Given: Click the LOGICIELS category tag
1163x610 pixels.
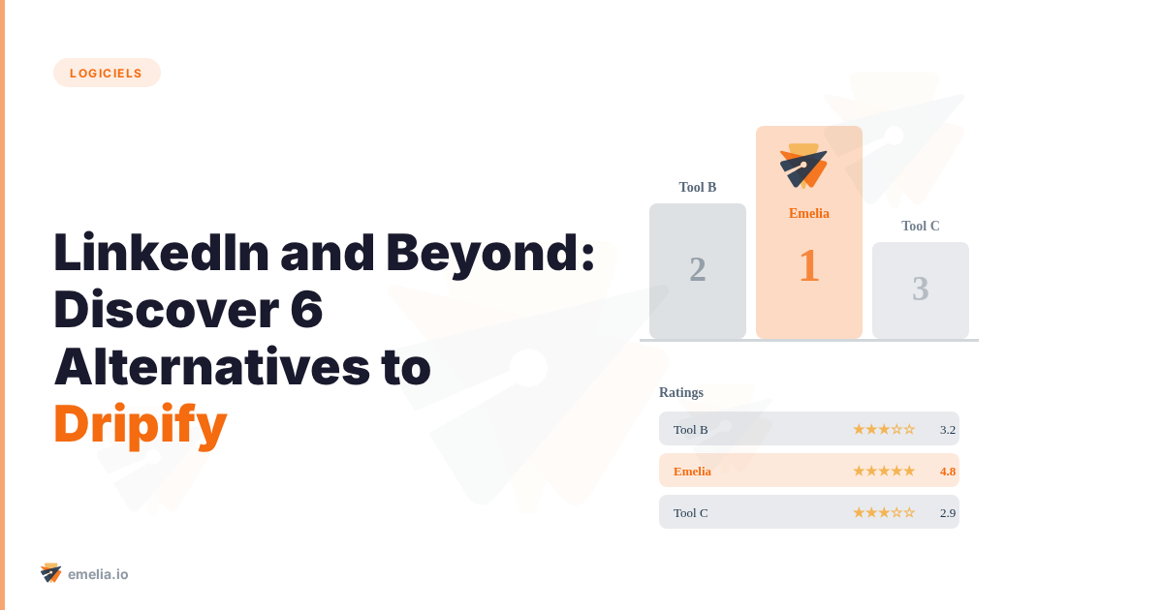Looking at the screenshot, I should (x=107, y=73).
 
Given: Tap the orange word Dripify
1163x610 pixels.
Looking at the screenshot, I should (x=141, y=423).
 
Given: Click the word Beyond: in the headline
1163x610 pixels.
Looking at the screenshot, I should (x=490, y=253).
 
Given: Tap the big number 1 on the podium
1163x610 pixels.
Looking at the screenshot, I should (x=809, y=266).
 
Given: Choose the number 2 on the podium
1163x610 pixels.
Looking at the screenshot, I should (x=698, y=269).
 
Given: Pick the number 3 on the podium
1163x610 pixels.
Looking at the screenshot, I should (x=921, y=289).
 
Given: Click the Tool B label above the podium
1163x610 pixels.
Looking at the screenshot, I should (x=698, y=187).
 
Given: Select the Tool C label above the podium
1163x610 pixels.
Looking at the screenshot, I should (x=921, y=226).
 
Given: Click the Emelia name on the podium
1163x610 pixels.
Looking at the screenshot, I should (x=809, y=213).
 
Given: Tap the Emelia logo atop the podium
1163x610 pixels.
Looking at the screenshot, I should (x=804, y=166).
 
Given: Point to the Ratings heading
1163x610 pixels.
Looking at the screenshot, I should (x=681, y=392).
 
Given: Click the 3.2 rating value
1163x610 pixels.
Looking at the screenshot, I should (x=948, y=429).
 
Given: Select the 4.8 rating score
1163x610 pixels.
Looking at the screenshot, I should (x=948, y=471).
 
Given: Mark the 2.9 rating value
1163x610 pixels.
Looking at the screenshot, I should (x=948, y=512).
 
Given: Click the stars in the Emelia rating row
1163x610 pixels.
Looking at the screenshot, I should (x=884, y=471).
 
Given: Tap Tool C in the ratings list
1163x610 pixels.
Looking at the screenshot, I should (x=691, y=512).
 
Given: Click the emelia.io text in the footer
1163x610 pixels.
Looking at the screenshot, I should (x=98, y=574).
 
